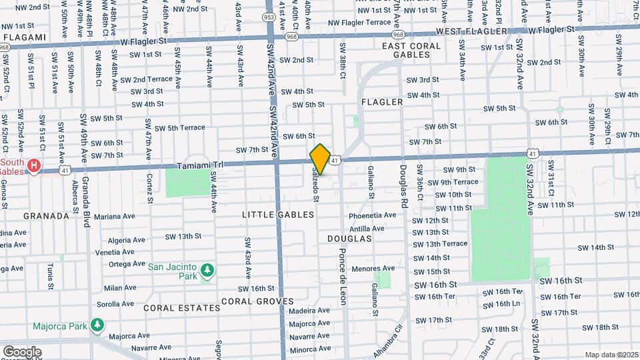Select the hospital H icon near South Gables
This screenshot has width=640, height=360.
coord(33,164)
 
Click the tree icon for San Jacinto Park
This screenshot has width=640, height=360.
coord(207,269)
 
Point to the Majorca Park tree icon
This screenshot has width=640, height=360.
coord(97,325)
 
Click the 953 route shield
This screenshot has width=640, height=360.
coord(269,17)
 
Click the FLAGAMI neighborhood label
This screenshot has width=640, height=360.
coord(25,37)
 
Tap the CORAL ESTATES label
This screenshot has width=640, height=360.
coord(181,308)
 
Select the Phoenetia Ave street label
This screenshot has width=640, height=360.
coord(372,215)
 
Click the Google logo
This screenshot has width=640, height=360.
coord(22,351)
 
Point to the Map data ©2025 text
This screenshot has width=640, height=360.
coord(611,355)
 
